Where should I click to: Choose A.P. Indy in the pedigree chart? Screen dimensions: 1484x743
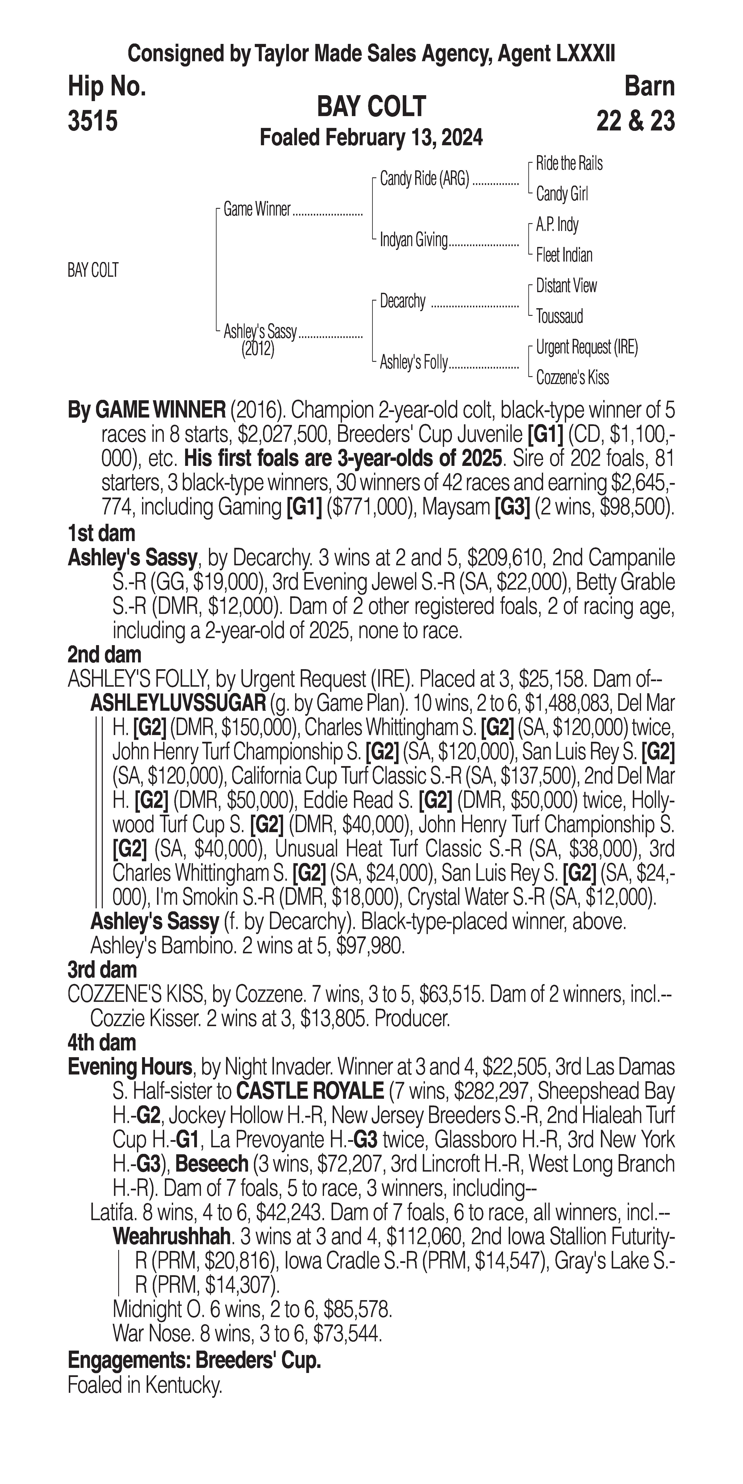pyautogui.click(x=557, y=225)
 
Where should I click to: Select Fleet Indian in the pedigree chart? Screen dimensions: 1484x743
pyautogui.click(x=564, y=255)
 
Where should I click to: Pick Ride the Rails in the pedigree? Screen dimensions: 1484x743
pyautogui.click(x=569, y=164)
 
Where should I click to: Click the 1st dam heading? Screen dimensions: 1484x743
pyautogui.click(x=101, y=533)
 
